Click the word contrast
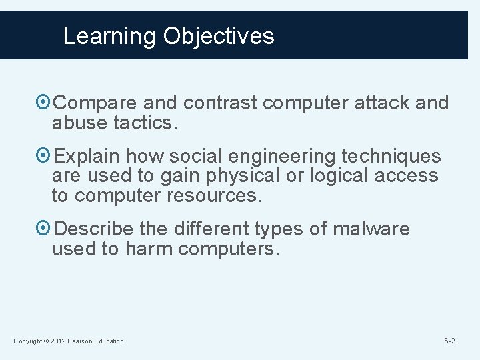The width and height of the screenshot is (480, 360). pos(219,103)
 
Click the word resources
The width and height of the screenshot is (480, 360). pos(220,196)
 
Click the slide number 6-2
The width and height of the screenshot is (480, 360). pos(449,341)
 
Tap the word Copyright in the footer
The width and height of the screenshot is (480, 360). pos(27,341)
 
